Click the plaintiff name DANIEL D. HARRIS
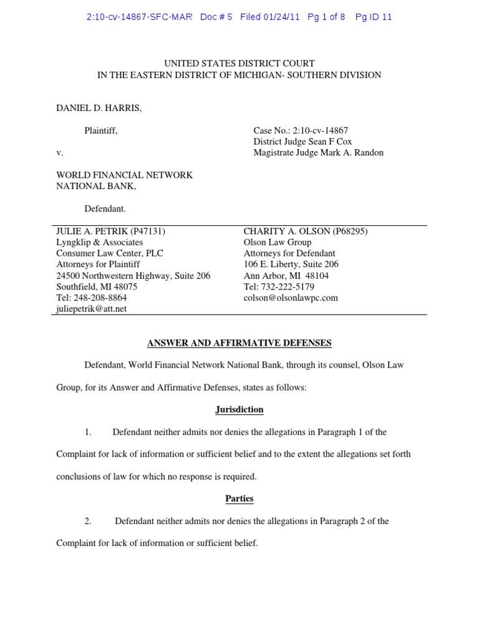pyautogui.click(x=99, y=109)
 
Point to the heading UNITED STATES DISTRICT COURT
pyautogui.click(x=239, y=63)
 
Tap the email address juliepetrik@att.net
pyautogui.click(x=91, y=309)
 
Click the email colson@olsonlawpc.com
pyautogui.click(x=291, y=298)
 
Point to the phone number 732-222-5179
pyautogui.click(x=288, y=286)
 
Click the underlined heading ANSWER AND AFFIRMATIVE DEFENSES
pyautogui.click(x=239, y=343)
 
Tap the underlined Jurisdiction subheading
pyautogui.click(x=239, y=409)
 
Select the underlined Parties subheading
pyautogui.click(x=239, y=499)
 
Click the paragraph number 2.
pyautogui.click(x=88, y=521)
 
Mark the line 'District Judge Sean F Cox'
pyautogui.click(x=302, y=142)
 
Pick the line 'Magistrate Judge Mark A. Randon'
pyautogui.click(x=318, y=153)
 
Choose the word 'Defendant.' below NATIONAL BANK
pyautogui.click(x=105, y=209)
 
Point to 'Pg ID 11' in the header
pyautogui.click(x=374, y=17)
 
